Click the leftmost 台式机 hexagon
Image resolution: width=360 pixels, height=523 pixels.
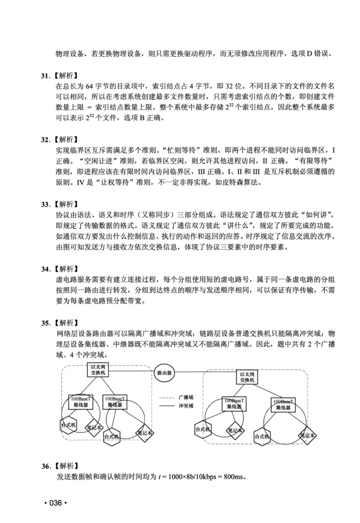(x=69, y=424)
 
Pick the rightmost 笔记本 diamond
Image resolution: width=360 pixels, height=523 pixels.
(x=307, y=435)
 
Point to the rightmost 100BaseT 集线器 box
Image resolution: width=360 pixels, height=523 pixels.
(x=283, y=404)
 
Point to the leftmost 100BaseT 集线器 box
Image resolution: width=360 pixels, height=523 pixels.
(x=81, y=402)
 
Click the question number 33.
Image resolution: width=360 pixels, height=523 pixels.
(x=45, y=204)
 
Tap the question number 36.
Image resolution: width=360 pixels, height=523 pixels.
(x=45, y=466)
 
